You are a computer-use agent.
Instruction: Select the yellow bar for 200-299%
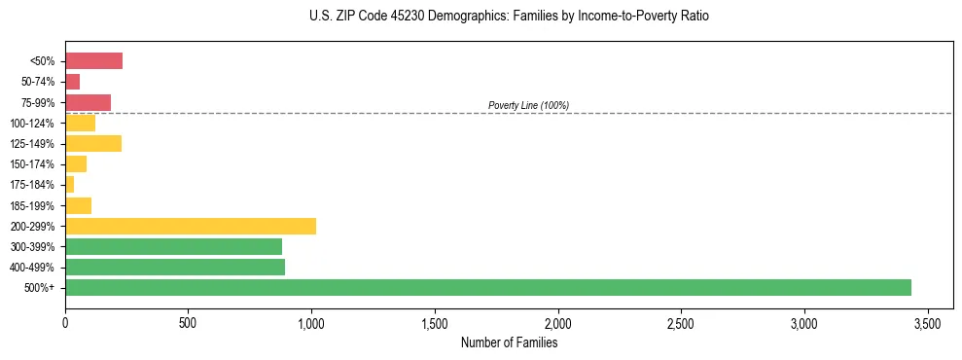tap(191, 226)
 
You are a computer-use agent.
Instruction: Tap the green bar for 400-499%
tap(175, 267)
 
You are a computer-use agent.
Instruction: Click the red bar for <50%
tap(93, 61)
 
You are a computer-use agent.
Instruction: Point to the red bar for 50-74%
tap(73, 82)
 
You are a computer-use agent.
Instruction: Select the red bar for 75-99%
tap(88, 102)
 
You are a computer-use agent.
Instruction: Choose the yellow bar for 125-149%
tap(93, 144)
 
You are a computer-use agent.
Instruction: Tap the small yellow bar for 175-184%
tap(70, 185)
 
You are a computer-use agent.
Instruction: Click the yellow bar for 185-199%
tap(78, 205)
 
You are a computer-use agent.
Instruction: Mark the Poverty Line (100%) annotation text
tap(528, 105)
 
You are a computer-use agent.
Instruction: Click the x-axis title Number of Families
tap(509, 342)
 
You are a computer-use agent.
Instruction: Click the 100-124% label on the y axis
tap(32, 124)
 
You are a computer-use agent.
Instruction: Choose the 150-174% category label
tap(32, 164)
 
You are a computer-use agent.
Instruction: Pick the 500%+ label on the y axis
tap(40, 288)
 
